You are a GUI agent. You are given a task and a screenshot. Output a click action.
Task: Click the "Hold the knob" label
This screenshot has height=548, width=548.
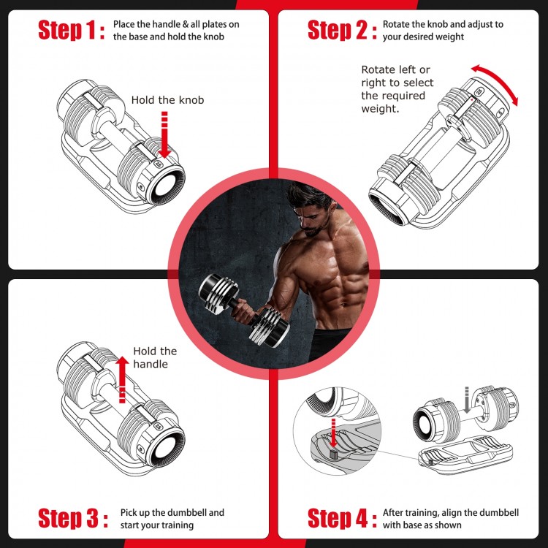pyautogui.click(x=167, y=100)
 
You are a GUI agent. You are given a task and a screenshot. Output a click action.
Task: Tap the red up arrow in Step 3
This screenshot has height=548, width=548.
pyautogui.click(x=123, y=379)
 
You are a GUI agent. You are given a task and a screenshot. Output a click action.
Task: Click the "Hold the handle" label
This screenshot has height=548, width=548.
pyautogui.click(x=155, y=358)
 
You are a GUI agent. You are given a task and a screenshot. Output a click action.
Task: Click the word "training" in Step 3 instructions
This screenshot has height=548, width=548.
pyautogui.click(x=176, y=525)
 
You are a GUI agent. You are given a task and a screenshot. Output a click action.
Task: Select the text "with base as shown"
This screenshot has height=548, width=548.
pyautogui.click(x=422, y=525)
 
